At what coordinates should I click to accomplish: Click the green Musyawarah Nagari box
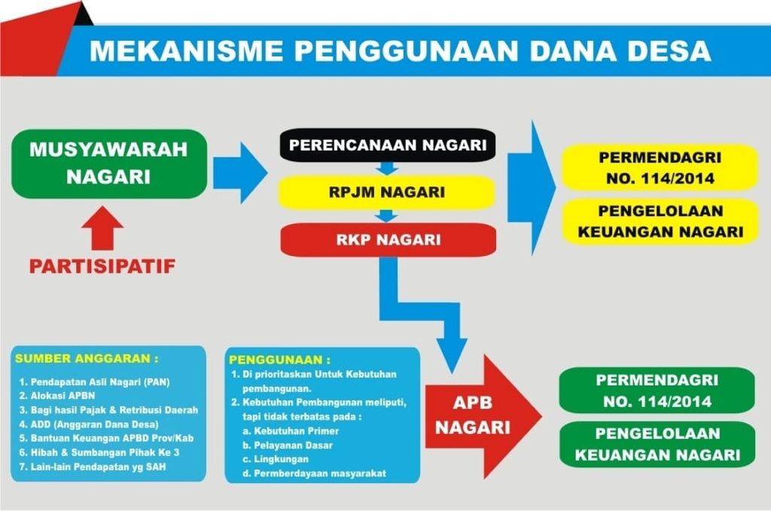click(x=109, y=163)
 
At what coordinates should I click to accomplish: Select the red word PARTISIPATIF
click(x=102, y=266)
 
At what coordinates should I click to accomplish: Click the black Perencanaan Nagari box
click(x=388, y=145)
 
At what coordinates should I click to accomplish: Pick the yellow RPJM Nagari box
click(x=386, y=192)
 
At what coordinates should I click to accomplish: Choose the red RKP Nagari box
click(x=388, y=240)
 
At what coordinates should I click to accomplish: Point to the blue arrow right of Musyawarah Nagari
click(x=240, y=173)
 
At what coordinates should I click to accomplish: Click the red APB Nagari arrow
click(x=483, y=416)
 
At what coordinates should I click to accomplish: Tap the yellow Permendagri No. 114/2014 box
click(x=660, y=168)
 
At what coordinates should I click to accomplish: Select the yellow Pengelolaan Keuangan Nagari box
click(x=660, y=221)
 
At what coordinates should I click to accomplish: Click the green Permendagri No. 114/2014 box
click(x=657, y=391)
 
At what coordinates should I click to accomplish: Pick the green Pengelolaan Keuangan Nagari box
click(x=657, y=444)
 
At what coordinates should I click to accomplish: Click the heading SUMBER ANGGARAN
click(x=87, y=359)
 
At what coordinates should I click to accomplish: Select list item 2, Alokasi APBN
click(x=57, y=396)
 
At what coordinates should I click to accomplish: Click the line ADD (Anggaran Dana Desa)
click(x=89, y=424)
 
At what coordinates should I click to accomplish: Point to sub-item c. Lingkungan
click(x=276, y=459)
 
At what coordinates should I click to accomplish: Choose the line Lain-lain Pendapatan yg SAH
click(x=93, y=467)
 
